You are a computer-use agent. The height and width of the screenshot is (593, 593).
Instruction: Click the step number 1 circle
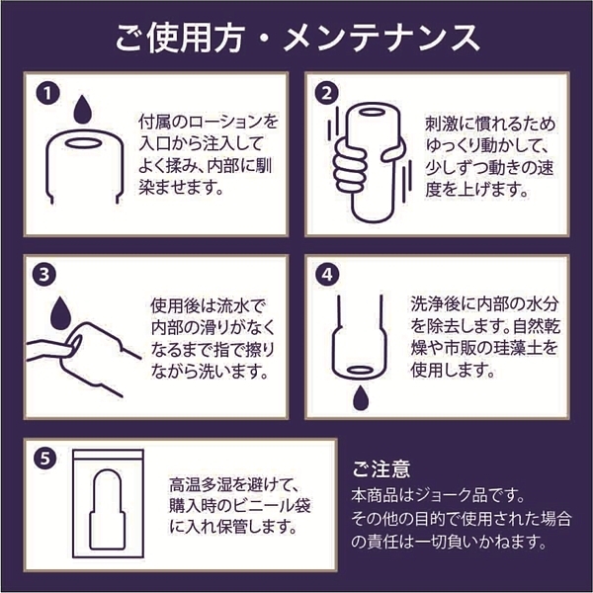coord(48,94)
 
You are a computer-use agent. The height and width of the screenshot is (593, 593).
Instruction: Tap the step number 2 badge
coord(327,93)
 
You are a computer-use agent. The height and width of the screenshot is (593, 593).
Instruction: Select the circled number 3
coord(44,275)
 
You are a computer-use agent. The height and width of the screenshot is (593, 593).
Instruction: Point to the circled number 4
coord(327,275)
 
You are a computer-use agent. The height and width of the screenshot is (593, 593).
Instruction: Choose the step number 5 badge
coord(45,459)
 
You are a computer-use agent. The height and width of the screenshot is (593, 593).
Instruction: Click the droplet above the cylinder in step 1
coord(82,111)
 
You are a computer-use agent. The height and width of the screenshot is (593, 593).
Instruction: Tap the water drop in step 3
coord(60,314)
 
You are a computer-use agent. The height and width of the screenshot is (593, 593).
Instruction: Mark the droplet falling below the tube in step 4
coord(361,397)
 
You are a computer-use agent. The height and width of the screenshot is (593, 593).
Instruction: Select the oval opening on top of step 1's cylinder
coord(83,143)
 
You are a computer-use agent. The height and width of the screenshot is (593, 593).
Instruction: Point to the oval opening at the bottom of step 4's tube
coord(360,371)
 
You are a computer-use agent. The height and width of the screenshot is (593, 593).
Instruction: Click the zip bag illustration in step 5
coord(108,503)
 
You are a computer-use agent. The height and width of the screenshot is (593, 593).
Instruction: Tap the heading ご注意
coord(381,468)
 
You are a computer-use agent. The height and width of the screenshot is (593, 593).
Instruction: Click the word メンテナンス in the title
coord(381,38)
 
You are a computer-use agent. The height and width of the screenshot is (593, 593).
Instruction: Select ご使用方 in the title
coord(179,38)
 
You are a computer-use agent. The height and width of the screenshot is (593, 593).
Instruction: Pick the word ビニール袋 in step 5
coord(272,506)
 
